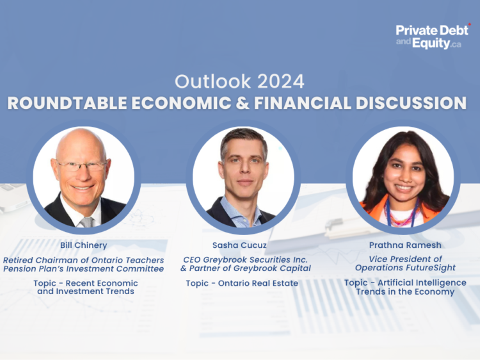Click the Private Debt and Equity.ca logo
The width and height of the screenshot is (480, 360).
pyautogui.click(x=432, y=37)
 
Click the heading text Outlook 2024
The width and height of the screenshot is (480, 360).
pyautogui.click(x=239, y=81)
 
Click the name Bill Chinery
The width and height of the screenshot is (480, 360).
pyautogui.click(x=83, y=246)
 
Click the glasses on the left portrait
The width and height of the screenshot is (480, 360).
pyautogui.click(x=81, y=165)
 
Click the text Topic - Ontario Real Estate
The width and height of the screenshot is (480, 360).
pyautogui.click(x=241, y=283)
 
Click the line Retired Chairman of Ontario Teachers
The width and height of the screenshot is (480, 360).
pyautogui.click(x=83, y=260)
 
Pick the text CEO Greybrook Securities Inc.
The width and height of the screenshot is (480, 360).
pyautogui.click(x=241, y=259)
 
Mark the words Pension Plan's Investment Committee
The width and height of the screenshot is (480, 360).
pyautogui.click(x=83, y=268)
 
